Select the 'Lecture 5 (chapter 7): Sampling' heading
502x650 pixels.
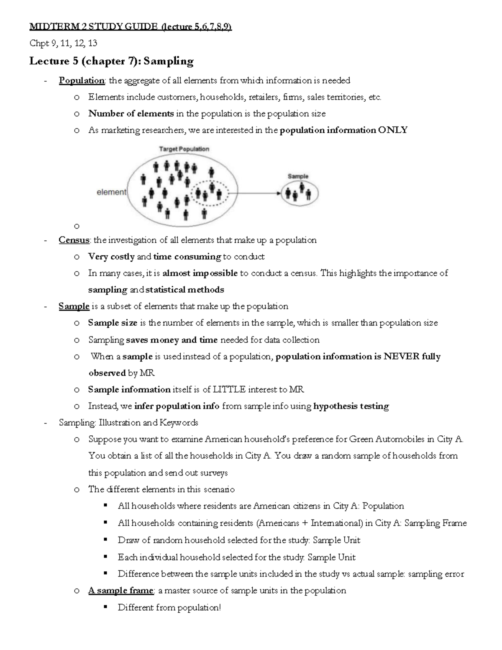(111, 61)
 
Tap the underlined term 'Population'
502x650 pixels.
(82, 80)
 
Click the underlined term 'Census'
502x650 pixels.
(74, 240)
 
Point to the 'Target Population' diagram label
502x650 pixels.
(184, 149)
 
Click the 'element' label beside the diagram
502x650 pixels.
(111, 192)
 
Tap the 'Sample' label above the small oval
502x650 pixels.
(298, 176)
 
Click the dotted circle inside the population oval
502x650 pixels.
(210, 193)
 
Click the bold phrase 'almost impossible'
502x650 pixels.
(200, 273)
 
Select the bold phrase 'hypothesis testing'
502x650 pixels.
(351, 406)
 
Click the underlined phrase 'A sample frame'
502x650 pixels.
(120, 591)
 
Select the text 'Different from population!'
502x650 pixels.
(169, 607)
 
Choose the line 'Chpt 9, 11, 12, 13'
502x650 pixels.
(63, 43)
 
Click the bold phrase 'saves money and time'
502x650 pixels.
(172, 340)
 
